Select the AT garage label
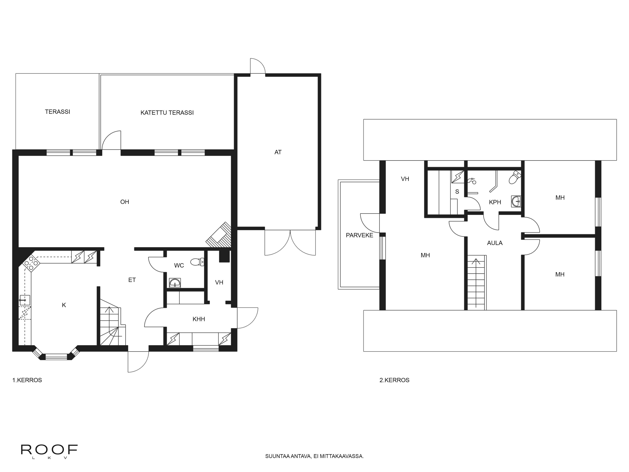[278, 152]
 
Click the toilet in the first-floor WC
[198, 261]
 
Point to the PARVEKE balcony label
[359, 235]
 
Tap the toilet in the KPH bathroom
[515, 177]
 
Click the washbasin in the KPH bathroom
[516, 201]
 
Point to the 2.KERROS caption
[394, 380]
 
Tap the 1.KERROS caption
[27, 380]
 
